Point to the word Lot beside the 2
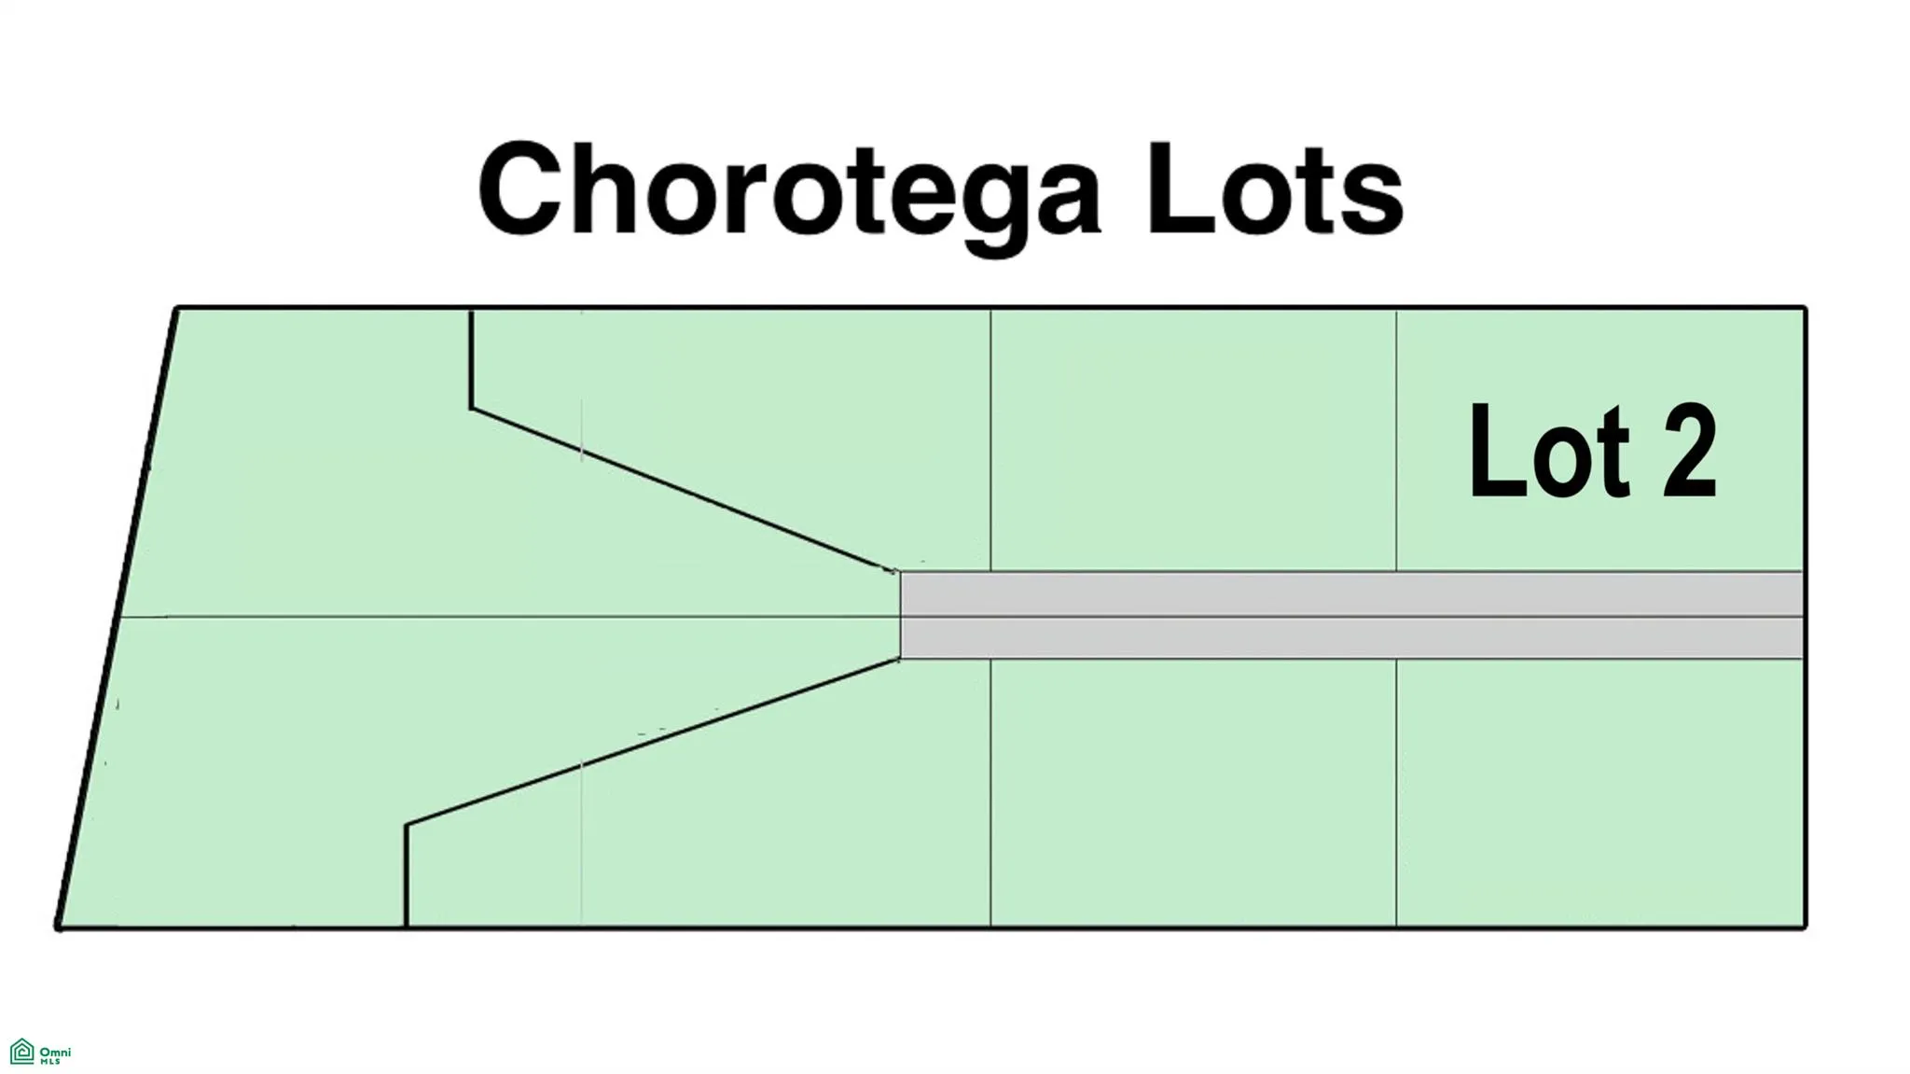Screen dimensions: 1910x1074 1549,452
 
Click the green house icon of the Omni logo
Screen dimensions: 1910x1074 21,1052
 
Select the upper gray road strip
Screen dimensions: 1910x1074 1350,593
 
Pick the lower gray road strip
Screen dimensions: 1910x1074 1350,638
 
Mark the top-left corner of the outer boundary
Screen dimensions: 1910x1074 177,308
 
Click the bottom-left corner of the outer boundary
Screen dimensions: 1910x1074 58,928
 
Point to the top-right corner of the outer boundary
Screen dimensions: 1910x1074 1806,308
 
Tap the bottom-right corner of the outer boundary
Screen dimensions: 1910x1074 1806,928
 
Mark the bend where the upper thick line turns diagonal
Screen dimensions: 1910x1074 471,408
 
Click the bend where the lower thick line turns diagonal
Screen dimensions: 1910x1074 407,824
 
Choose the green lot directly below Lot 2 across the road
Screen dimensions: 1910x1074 1600,792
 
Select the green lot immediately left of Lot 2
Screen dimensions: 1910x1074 1193,439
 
